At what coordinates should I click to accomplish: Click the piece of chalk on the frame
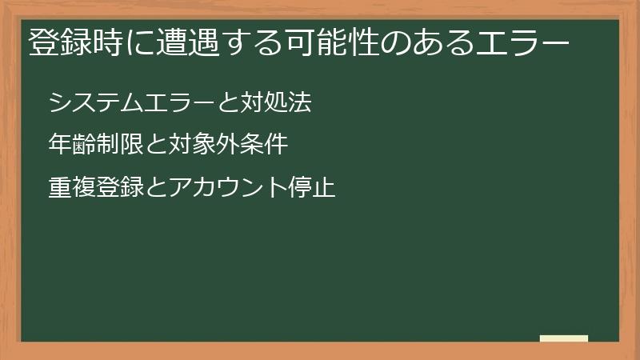pyautogui.click(x=564, y=339)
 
